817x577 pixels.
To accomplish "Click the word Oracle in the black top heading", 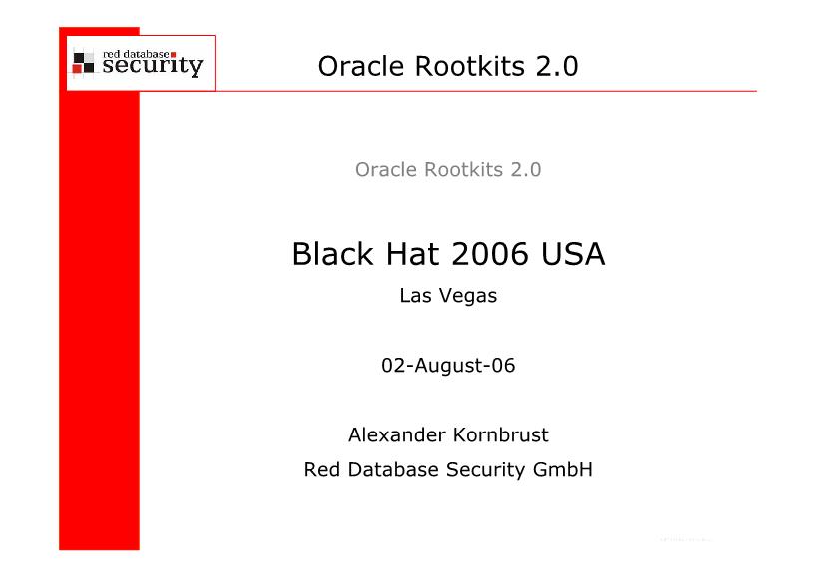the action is (360, 66).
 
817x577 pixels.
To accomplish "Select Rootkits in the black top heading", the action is (470, 66).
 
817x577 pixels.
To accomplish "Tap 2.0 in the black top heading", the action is (557, 66).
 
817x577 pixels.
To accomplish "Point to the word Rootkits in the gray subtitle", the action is (464, 169).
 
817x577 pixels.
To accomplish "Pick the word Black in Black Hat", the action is (332, 254).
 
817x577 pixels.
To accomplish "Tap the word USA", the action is (573, 254).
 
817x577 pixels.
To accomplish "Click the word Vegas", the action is (468, 296).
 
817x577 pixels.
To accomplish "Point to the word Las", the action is (414, 296).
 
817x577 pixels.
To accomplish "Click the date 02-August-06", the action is (448, 366).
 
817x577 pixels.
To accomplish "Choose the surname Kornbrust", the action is (500, 434).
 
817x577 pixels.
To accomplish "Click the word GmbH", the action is (563, 469).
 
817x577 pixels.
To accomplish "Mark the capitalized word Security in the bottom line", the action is (486, 470).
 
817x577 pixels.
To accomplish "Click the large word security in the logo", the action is (153, 66).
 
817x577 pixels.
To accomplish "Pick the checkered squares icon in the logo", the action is (84, 63).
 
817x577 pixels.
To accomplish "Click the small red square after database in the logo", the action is (173, 54).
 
